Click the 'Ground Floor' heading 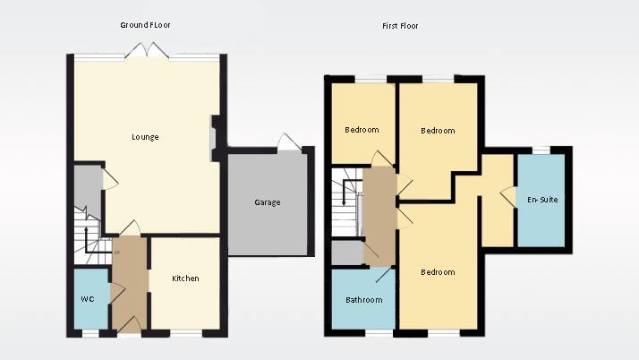[145, 25]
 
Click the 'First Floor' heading [400, 26]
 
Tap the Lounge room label [145, 137]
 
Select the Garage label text [267, 202]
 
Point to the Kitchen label [185, 279]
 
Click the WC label [87, 298]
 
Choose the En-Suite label [542, 200]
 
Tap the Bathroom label [364, 300]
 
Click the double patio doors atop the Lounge [146, 51]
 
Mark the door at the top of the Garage [288, 143]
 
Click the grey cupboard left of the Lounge [86, 188]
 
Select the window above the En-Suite [541, 150]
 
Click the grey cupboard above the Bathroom [346, 253]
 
